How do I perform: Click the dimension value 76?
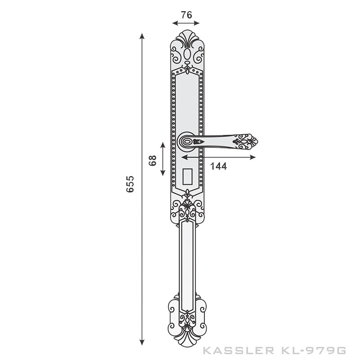[186, 14]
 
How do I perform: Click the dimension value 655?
[130, 184]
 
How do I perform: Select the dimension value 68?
[152, 160]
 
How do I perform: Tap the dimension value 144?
[218, 166]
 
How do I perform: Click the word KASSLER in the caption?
[230, 350]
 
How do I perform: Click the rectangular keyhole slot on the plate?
[187, 176]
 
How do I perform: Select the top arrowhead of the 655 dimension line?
[142, 36]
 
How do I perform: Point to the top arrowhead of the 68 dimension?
[163, 144]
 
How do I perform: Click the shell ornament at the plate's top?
[187, 39]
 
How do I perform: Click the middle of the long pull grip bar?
[187, 265]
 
